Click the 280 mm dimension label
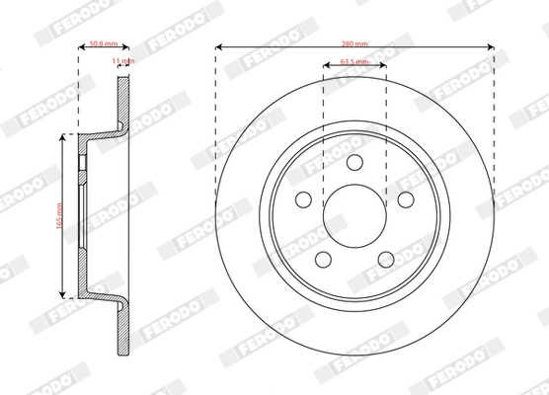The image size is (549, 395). [x=353, y=43]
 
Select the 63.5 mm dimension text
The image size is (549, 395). [x=353, y=62]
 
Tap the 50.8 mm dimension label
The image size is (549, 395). [x=103, y=43]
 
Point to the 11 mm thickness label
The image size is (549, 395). [x=123, y=61]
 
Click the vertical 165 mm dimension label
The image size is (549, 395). [x=60, y=215]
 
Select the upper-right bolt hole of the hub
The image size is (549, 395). [x=406, y=199]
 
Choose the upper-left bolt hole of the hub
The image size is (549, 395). [x=302, y=199]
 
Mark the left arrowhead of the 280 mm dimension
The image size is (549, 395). [x=218, y=45]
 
